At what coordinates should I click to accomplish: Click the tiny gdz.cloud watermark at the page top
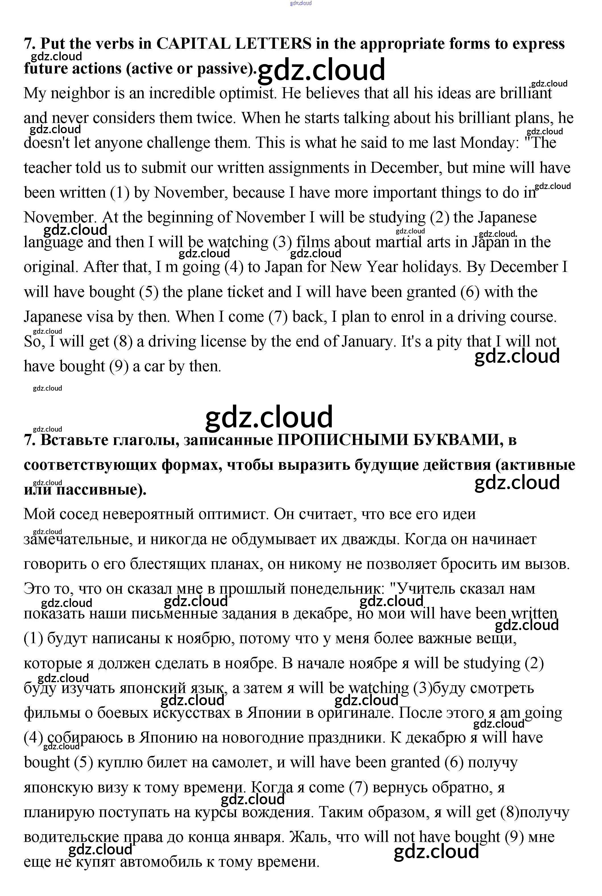pyautogui.click(x=301, y=3)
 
